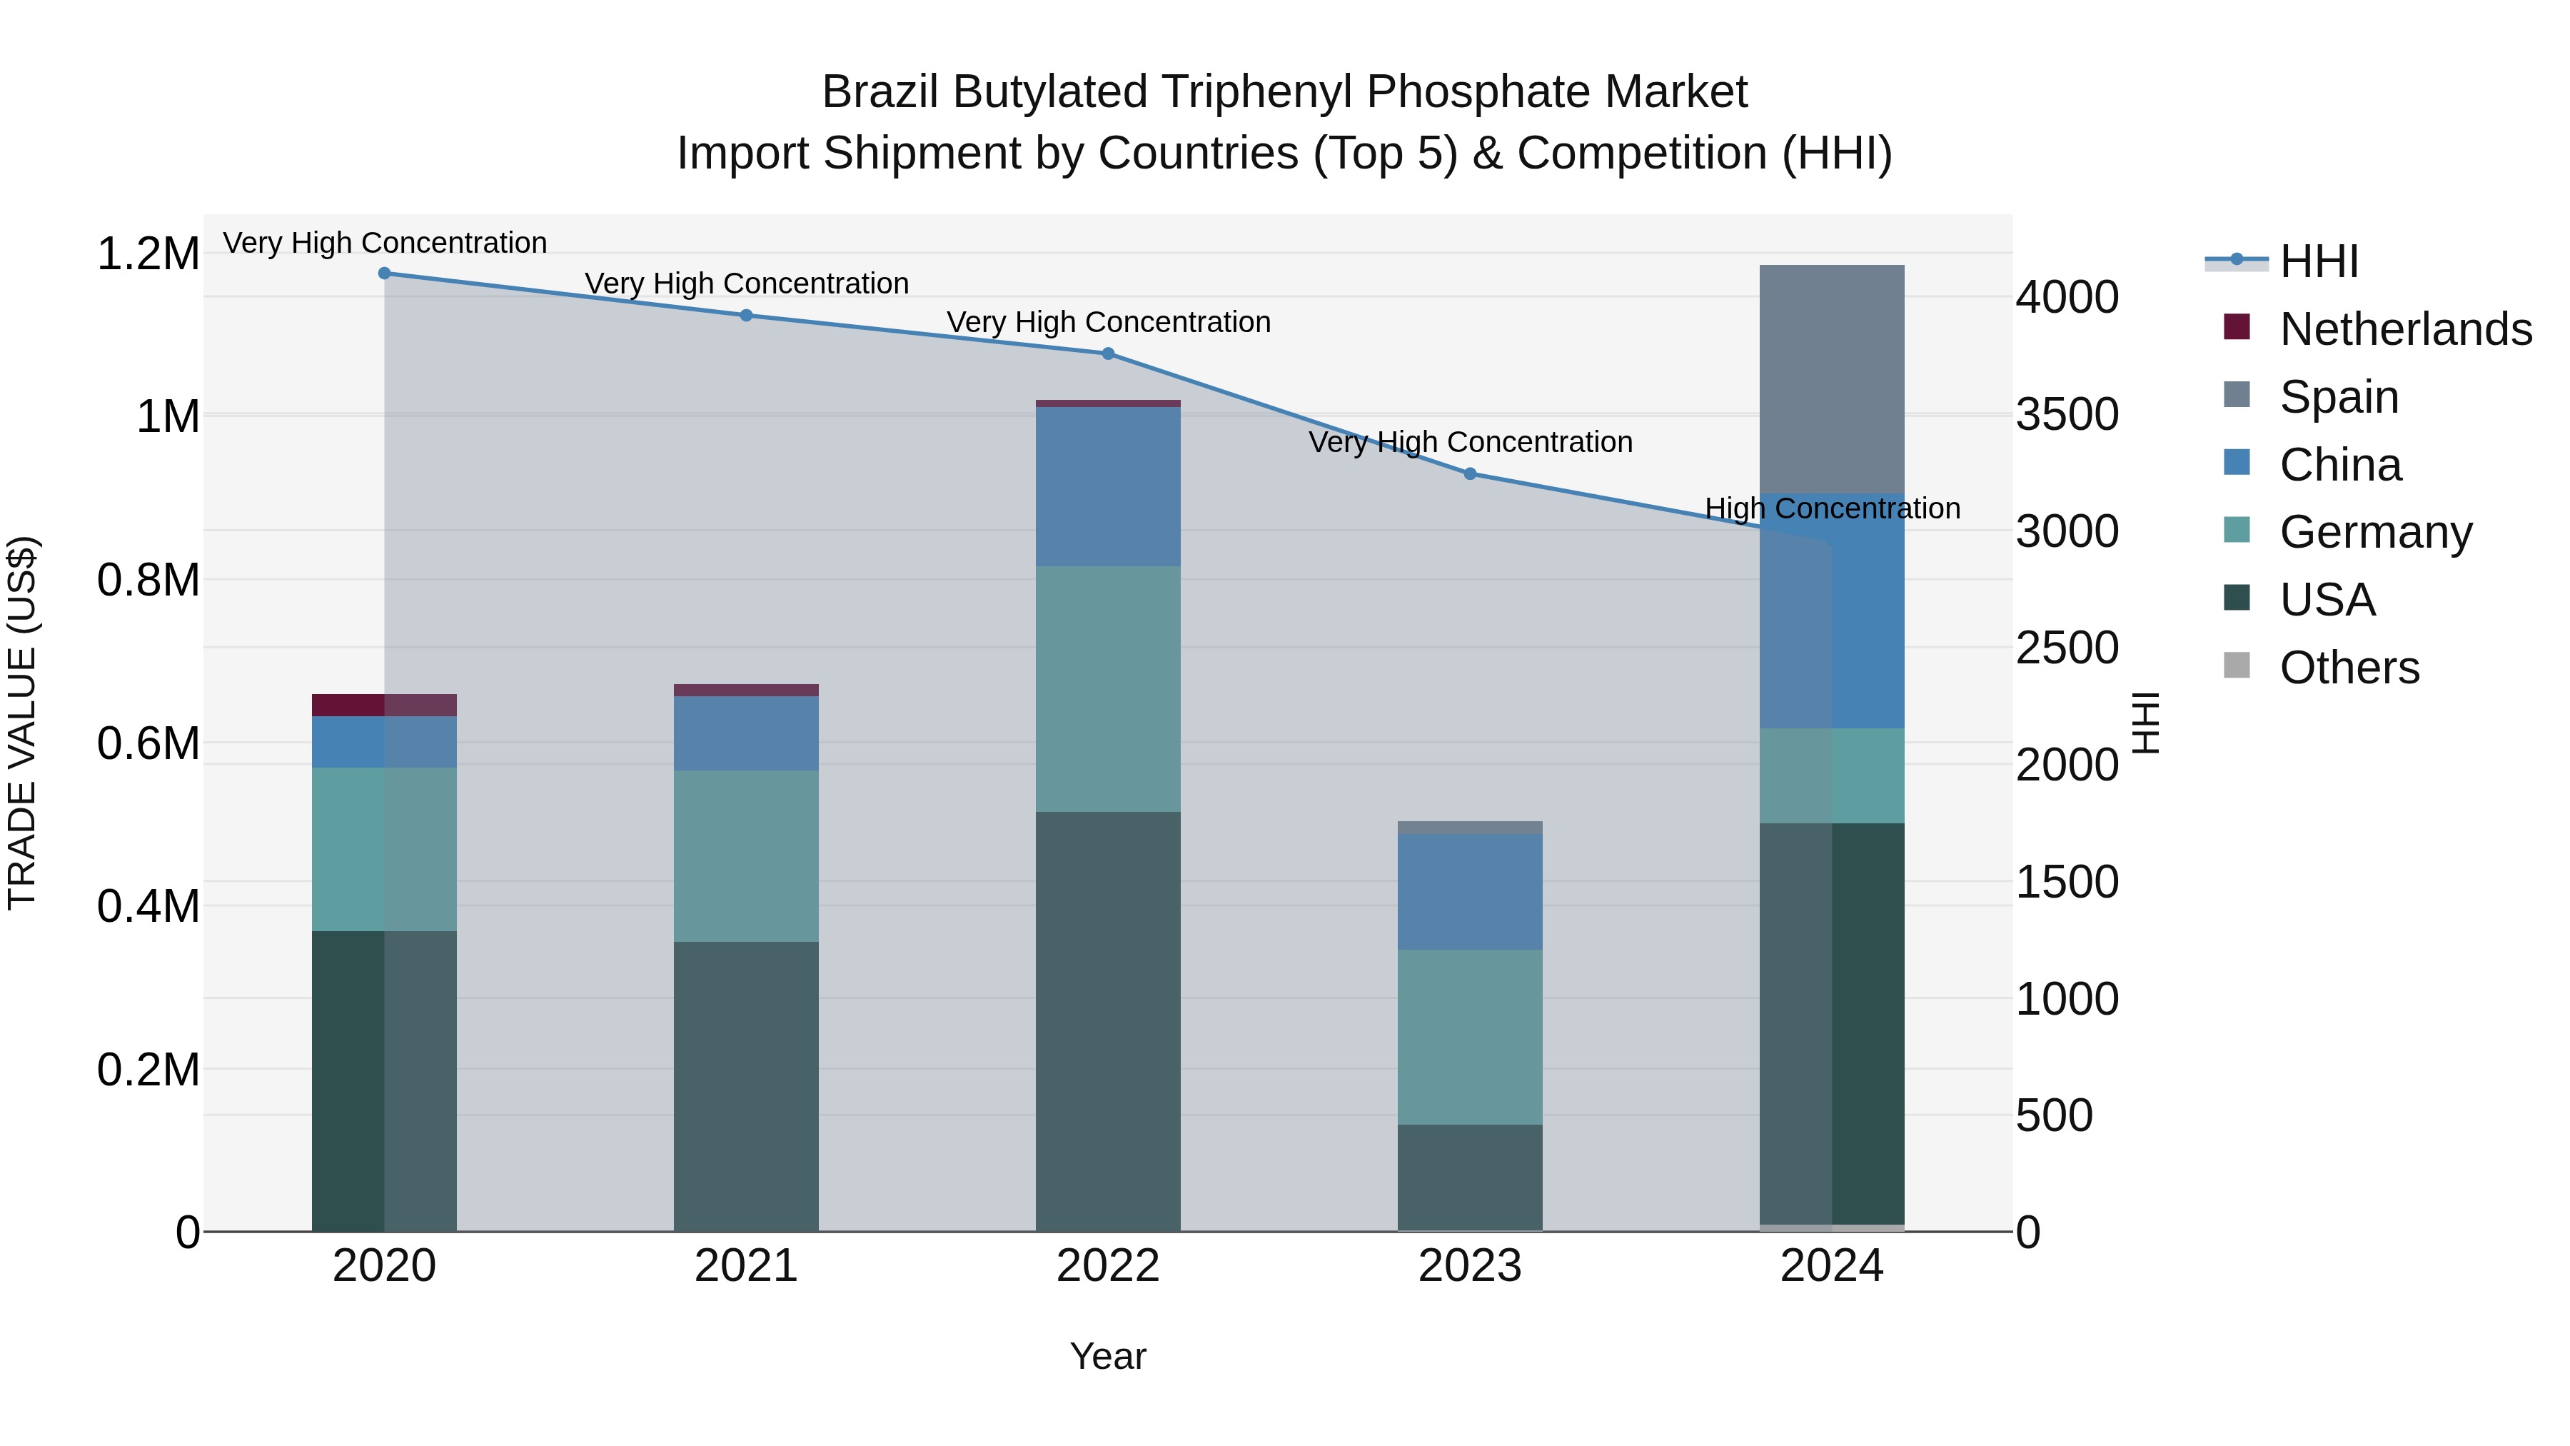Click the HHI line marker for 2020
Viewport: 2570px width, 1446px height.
384,273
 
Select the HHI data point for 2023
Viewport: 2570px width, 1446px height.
1470,474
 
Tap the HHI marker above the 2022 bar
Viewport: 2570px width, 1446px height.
1107,354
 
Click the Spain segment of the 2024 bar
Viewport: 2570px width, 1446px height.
1832,379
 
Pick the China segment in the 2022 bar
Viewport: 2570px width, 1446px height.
1107,487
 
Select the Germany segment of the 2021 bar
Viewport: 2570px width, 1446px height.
746,856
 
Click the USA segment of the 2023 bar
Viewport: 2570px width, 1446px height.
1470,1178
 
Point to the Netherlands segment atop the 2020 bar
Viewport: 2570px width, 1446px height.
384,706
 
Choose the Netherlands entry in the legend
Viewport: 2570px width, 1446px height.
2405,329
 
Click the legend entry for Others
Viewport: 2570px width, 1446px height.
2349,668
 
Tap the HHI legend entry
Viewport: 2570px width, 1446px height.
2319,261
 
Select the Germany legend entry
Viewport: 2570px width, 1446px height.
2375,532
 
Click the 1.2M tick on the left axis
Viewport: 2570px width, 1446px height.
148,254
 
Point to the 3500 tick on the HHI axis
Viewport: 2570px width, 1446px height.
2067,415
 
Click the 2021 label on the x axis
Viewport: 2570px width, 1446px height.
746,1266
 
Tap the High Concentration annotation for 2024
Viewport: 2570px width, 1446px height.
1832,509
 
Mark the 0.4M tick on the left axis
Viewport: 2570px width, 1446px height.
148,907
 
